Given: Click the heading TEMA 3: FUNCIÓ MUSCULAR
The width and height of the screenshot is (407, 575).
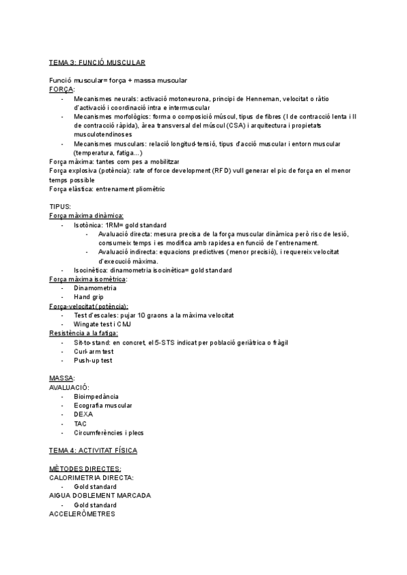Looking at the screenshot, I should [97, 62].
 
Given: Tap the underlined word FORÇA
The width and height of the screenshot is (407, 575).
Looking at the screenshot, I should [62, 89].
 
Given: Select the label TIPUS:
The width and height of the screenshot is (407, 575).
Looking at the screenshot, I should [60, 207].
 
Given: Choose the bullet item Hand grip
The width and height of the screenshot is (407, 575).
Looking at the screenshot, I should [88, 297].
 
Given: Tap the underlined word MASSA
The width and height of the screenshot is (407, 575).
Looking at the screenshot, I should [62, 378].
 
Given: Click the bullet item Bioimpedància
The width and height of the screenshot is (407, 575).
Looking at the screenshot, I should [96, 396].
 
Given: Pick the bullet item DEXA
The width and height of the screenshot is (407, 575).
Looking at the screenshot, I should [83, 414].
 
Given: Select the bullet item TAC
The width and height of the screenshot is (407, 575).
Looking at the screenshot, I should [81, 423].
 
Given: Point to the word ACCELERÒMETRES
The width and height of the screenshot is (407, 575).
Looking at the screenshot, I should [82, 513].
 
